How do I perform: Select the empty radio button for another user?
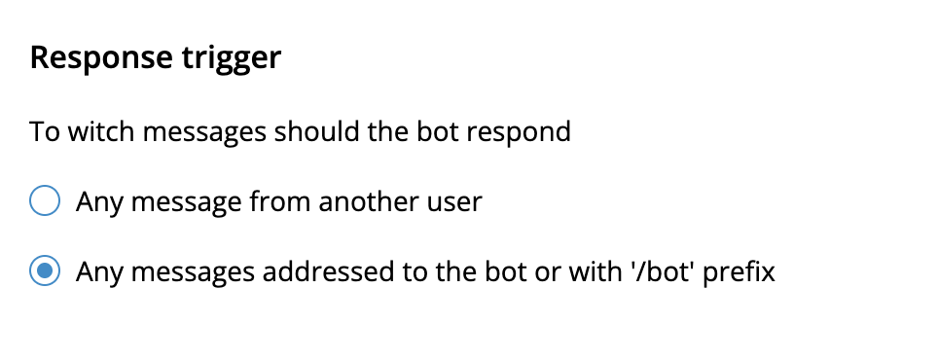(45, 200)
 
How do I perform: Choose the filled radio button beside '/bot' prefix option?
(45, 270)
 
